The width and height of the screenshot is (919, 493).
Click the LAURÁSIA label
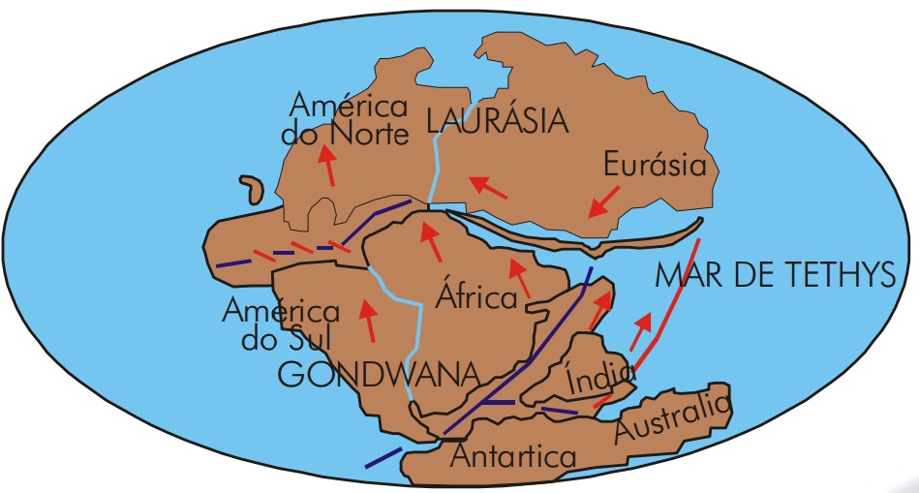pos(497,121)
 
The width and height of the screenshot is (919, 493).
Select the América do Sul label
pos(280,324)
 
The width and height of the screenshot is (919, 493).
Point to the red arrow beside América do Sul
pos(368,321)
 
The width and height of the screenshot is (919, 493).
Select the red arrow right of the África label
pos(523,277)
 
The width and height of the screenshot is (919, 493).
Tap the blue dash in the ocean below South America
pos(383,458)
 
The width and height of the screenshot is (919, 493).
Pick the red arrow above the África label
pos(431,241)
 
